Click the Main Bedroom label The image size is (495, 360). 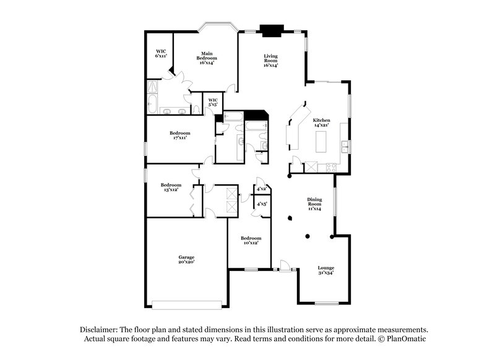[206, 58]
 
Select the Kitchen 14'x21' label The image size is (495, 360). [321, 122]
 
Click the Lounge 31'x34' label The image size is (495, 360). [326, 270]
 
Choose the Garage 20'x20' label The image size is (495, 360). [187, 259]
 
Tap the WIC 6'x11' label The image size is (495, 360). [161, 53]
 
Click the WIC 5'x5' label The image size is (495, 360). [213, 101]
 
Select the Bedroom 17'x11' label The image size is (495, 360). [180, 135]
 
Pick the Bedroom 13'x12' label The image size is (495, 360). [171, 187]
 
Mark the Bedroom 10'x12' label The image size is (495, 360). [251, 241]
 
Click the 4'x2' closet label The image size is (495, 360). [261, 189]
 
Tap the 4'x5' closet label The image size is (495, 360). [261, 203]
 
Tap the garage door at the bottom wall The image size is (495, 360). [187, 304]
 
